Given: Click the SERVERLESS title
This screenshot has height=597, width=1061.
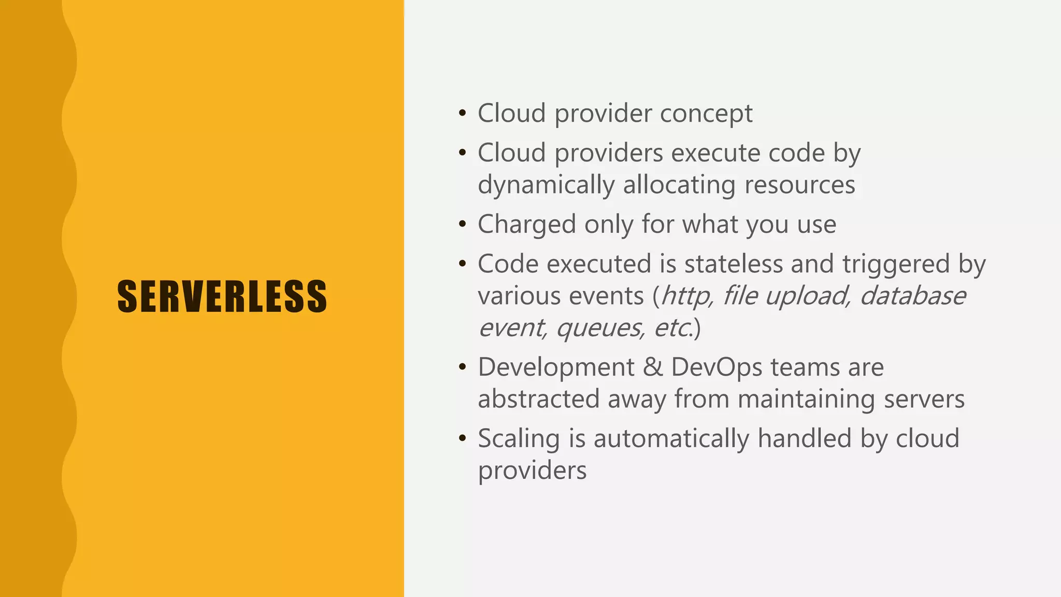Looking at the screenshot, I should pos(222,296).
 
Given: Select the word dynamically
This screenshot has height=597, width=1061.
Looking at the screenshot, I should pos(546,185).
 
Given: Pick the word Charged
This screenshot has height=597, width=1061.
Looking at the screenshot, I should pos(526,225).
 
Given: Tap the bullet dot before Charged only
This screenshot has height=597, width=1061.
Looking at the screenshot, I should pos(463,225).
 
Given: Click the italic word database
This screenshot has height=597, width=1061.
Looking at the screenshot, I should pos(913,296).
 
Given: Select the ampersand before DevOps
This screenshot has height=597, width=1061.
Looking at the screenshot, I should pos(653,367).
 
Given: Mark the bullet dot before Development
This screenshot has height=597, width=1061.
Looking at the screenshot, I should pos(463,367).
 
